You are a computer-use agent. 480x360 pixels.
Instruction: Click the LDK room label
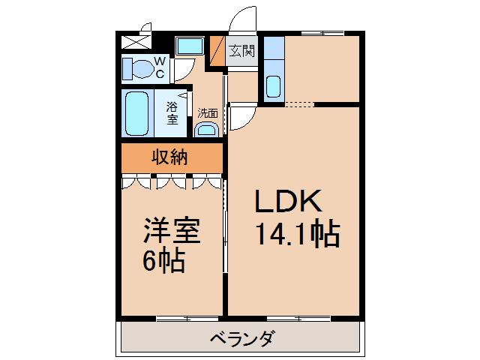tap(289, 201)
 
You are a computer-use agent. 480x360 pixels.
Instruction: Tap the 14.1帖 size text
tap(298, 235)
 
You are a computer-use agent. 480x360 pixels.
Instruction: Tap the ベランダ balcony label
tap(242, 338)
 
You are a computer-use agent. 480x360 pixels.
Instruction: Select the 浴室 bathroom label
tap(172, 113)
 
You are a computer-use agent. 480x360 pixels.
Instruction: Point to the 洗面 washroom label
tap(208, 114)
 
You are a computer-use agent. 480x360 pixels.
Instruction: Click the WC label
tap(160, 68)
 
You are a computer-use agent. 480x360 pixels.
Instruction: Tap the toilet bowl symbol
tap(137, 69)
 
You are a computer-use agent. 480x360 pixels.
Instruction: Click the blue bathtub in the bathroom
tap(136, 113)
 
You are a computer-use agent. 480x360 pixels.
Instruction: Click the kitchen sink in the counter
tap(273, 87)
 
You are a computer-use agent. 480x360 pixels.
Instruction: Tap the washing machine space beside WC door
tap(190, 46)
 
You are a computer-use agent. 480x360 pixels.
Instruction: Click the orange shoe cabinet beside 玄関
tap(217, 52)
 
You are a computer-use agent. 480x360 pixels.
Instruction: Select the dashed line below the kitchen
tap(298, 103)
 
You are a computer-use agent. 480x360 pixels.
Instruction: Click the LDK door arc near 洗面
tap(242, 116)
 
